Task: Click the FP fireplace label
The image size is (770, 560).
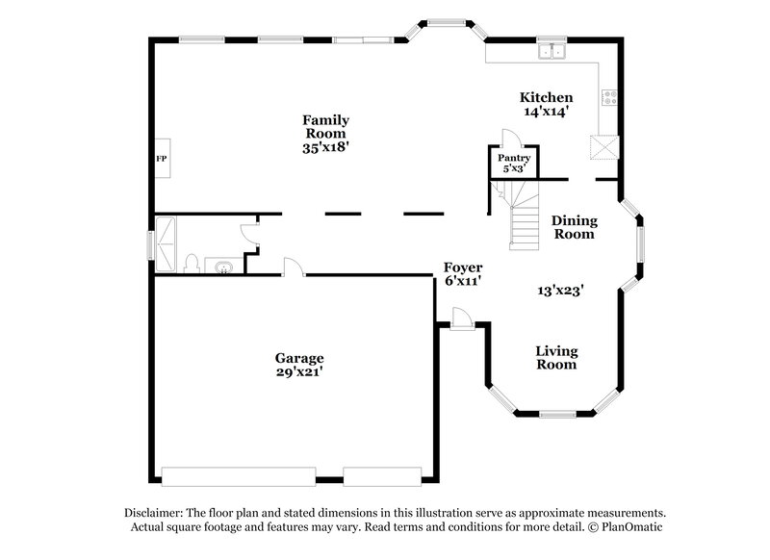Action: pyautogui.click(x=162, y=157)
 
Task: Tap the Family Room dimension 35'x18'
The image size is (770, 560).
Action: pyautogui.click(x=325, y=148)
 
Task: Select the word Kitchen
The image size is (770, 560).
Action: pyautogui.click(x=546, y=97)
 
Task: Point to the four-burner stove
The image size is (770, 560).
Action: pyautogui.click(x=609, y=96)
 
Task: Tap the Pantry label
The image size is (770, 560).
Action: pyautogui.click(x=514, y=157)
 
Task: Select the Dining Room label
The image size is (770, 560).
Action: pyautogui.click(x=574, y=226)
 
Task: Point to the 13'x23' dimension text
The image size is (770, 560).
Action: pyautogui.click(x=563, y=289)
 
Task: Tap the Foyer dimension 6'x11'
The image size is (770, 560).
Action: pyautogui.click(x=462, y=281)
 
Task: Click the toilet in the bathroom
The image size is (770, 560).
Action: pyautogui.click(x=192, y=263)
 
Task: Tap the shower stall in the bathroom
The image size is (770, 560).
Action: pyautogui.click(x=166, y=244)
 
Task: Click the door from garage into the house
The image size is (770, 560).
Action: pyautogui.click(x=293, y=267)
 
